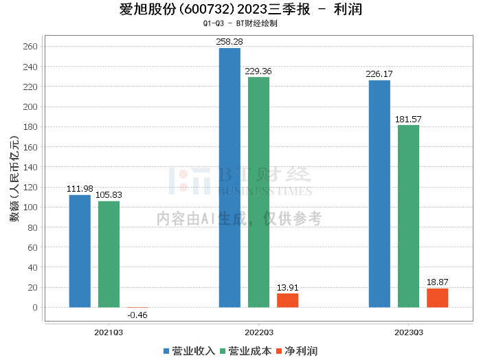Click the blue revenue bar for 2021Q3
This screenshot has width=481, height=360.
click(80, 251)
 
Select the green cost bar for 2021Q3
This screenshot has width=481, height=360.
click(109, 254)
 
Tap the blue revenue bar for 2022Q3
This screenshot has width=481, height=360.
click(230, 177)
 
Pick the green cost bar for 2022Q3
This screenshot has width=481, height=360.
click(258, 192)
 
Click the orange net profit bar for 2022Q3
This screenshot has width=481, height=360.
click(288, 300)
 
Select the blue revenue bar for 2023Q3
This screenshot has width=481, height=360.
click(379, 194)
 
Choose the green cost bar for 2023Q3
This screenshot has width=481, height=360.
click(408, 216)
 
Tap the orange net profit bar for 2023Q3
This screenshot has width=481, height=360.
click(438, 297)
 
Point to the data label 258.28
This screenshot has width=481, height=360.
click(230, 42)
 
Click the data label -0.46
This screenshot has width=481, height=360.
click(137, 315)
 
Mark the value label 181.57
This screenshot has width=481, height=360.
click(408, 119)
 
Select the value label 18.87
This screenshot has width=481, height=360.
click(438, 282)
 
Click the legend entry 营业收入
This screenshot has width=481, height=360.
click(189, 351)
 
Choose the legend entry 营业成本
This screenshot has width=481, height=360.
click(245, 351)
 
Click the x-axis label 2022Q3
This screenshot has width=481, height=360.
click(258, 333)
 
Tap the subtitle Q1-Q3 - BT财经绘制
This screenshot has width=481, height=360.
click(240, 23)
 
